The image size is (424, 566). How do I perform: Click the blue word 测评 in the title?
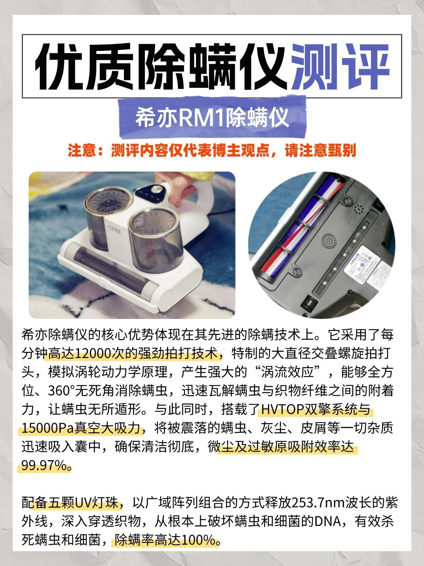coord(340,66)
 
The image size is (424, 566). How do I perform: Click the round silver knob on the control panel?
coord(155,190)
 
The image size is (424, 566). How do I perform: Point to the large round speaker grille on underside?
coord(329,242)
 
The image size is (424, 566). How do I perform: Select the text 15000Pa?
coord(48,428)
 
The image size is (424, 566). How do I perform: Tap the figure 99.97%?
coord(44,466)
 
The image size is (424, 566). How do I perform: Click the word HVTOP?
coord(282,409)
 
